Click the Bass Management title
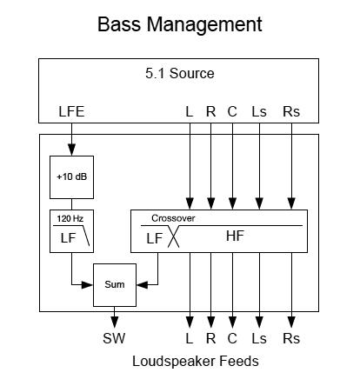[x=180, y=24]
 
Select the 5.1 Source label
[x=180, y=73]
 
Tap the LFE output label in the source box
[x=71, y=111]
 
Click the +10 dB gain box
[x=71, y=177]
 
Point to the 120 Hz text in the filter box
[x=70, y=218]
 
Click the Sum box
[x=115, y=285]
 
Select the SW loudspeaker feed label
[x=114, y=338]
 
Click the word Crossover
[x=173, y=218]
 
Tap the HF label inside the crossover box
[x=235, y=236]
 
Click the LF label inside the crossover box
[x=155, y=238]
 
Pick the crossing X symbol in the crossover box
[x=173, y=236]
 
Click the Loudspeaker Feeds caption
[x=196, y=362]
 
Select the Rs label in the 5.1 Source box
[x=291, y=111]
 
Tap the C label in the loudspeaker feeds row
[x=232, y=338]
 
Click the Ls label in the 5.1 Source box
[x=259, y=111]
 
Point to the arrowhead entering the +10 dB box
[x=71, y=150]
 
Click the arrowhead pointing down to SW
[x=115, y=322]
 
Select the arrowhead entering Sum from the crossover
[x=142, y=285]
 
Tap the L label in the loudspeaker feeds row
[x=190, y=338]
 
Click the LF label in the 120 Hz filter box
[x=68, y=238]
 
